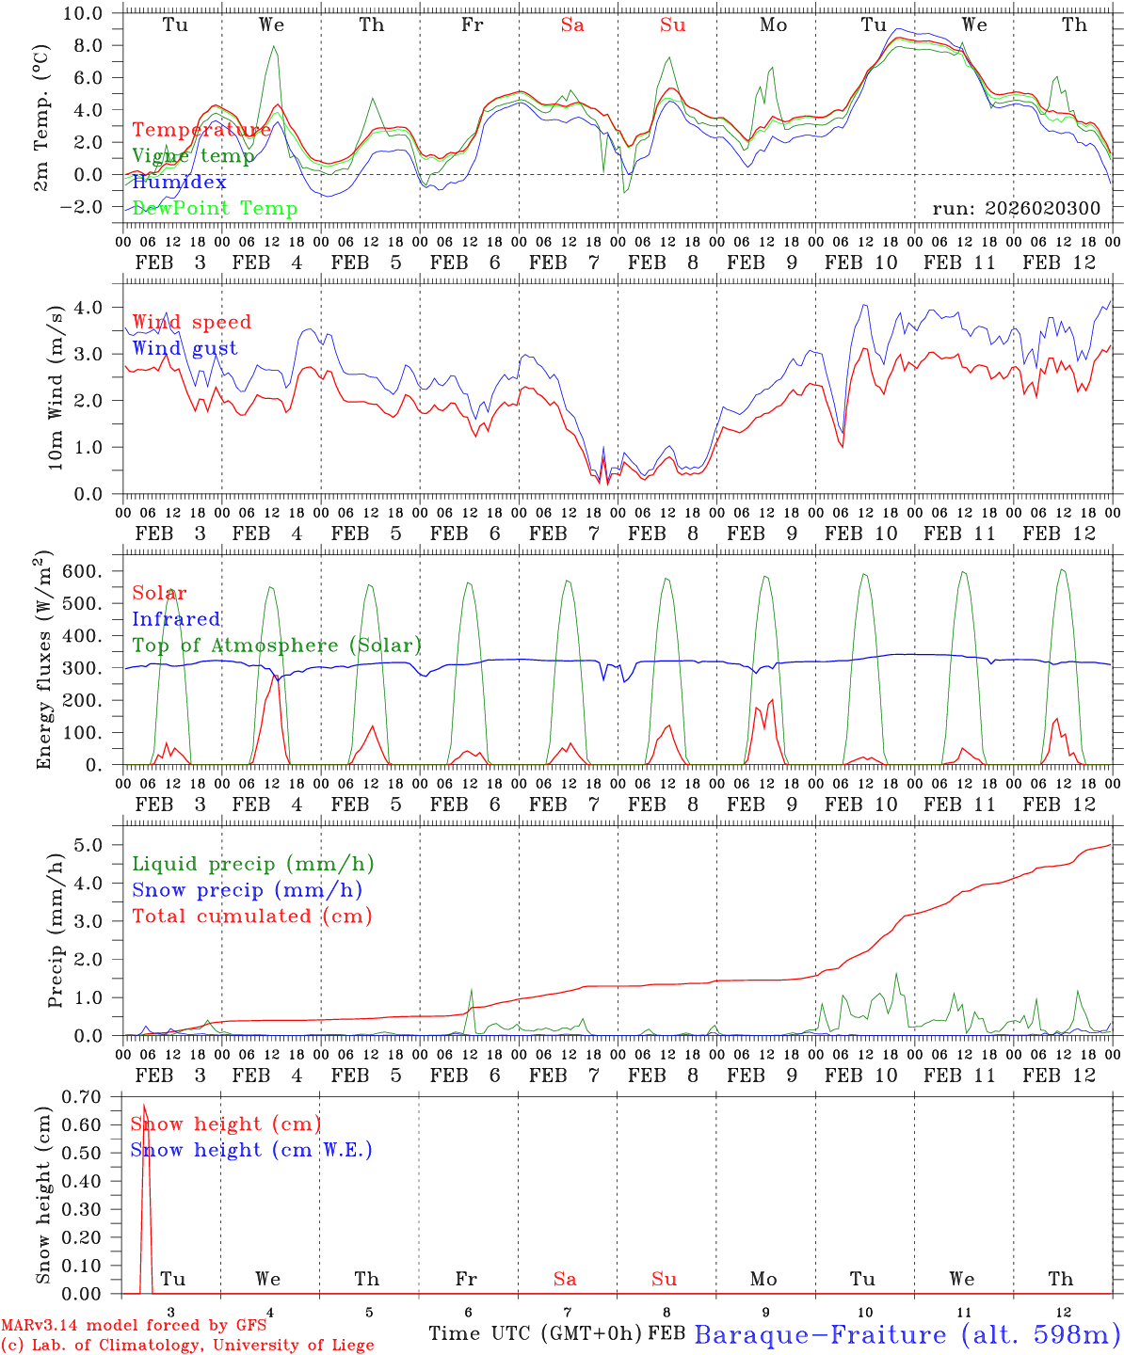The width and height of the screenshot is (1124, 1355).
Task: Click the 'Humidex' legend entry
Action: pyautogui.click(x=179, y=183)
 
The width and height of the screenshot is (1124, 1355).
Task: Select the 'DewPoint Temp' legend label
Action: pyautogui.click(x=215, y=209)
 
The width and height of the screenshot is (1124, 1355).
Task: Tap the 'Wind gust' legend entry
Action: pyautogui.click(x=185, y=348)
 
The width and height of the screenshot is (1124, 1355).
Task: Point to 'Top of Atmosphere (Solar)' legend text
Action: pyautogui.click(x=277, y=646)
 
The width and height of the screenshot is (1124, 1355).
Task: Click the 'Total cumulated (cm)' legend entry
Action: pyautogui.click(x=252, y=917)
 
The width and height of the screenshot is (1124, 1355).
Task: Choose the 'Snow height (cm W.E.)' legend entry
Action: pyautogui.click(x=251, y=1150)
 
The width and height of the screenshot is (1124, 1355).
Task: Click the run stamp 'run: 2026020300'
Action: pyautogui.click(x=1016, y=209)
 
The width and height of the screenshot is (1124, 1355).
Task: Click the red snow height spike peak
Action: pyautogui.click(x=144, y=1105)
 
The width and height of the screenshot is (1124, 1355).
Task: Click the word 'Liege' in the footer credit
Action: pyautogui.click(x=348, y=1346)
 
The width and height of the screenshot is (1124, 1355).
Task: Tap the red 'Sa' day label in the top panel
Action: pyautogui.click(x=572, y=25)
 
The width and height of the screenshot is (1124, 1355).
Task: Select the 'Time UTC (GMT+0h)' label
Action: pyautogui.click(x=535, y=1333)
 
